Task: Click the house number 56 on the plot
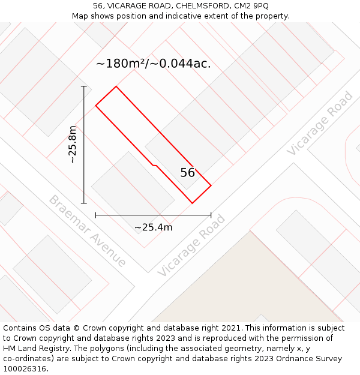coord(188,173)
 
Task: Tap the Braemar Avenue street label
coord(88,231)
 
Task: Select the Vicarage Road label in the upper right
coord(320,124)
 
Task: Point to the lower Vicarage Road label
coord(191,245)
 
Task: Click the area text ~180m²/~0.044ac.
coord(154,64)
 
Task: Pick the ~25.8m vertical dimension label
coord(73,145)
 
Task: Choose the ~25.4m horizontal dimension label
coord(153,227)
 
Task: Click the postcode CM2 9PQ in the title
coord(252,6)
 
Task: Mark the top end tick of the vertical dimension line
coord(84,86)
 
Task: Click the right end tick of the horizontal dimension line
coord(211,215)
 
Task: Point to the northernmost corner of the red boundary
coord(116,86)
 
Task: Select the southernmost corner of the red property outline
coord(192,203)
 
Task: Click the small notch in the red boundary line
coord(155,165)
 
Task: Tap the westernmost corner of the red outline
coord(96,106)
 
